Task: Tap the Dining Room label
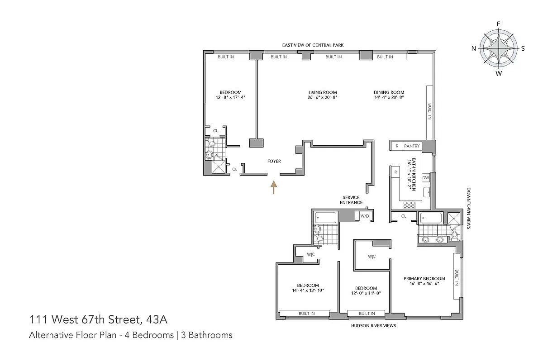389,92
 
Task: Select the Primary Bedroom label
424,278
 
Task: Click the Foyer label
274,161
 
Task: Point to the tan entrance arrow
273,187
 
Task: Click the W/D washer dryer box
364,216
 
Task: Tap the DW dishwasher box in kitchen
425,178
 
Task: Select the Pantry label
412,146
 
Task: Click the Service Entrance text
351,200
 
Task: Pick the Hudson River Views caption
371,325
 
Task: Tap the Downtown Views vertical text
469,208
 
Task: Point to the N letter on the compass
474,48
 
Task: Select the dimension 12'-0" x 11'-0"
366,293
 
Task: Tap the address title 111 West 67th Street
98,320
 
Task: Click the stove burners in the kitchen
409,205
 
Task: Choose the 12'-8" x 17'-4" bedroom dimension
231,97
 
